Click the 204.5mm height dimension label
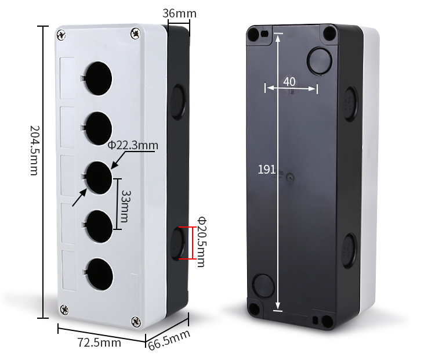35,150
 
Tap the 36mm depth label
179,13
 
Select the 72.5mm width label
99,342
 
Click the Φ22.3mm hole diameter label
133,145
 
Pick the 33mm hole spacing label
126,206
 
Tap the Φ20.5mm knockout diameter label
202,242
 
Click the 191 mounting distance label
266,169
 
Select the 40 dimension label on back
289,82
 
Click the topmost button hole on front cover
97,78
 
